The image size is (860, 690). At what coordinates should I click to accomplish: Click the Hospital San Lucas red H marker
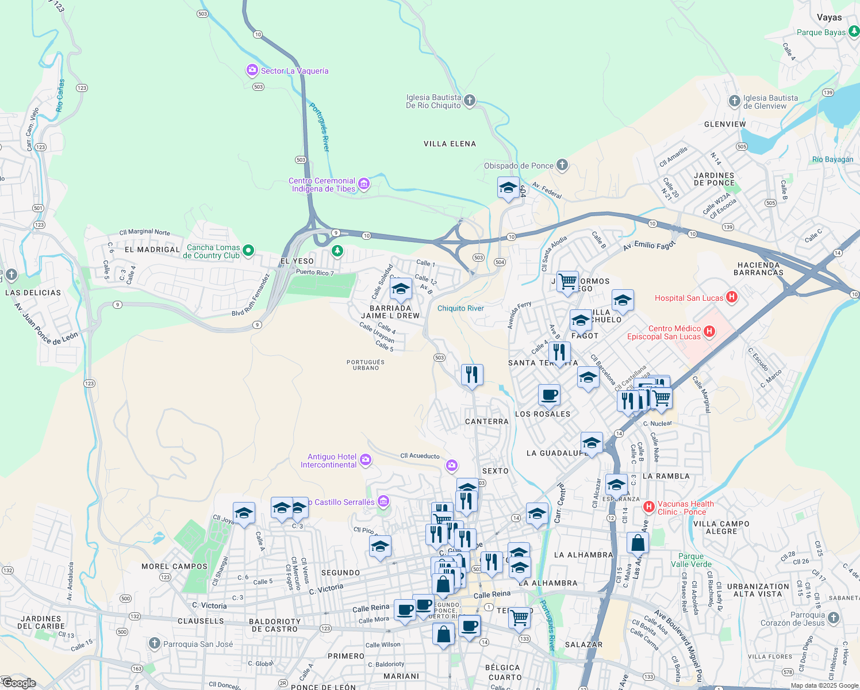731,297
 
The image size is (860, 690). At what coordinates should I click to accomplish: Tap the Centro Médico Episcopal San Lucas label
663,332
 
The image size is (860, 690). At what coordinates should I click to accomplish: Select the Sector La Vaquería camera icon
252,71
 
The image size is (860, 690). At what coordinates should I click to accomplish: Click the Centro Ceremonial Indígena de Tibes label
322,185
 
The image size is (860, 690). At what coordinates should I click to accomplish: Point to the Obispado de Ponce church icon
562,166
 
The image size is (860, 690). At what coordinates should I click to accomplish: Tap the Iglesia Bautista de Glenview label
770,102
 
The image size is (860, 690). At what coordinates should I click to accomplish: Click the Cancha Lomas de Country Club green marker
248,250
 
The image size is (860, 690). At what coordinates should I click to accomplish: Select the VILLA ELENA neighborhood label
450,144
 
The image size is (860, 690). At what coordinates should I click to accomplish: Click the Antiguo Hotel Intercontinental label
328,461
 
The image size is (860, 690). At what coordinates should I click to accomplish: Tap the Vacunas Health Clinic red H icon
649,507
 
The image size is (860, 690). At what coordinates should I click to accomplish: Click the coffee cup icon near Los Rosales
549,395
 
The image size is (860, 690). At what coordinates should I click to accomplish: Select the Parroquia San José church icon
154,643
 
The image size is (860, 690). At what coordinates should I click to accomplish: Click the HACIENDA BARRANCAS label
758,269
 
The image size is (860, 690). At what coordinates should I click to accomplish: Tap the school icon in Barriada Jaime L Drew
401,289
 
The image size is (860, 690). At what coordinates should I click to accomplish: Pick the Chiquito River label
460,308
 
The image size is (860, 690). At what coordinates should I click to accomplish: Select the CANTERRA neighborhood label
486,421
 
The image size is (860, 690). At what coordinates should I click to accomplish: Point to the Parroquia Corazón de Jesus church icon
834,618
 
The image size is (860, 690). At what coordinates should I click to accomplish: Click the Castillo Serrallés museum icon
383,501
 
